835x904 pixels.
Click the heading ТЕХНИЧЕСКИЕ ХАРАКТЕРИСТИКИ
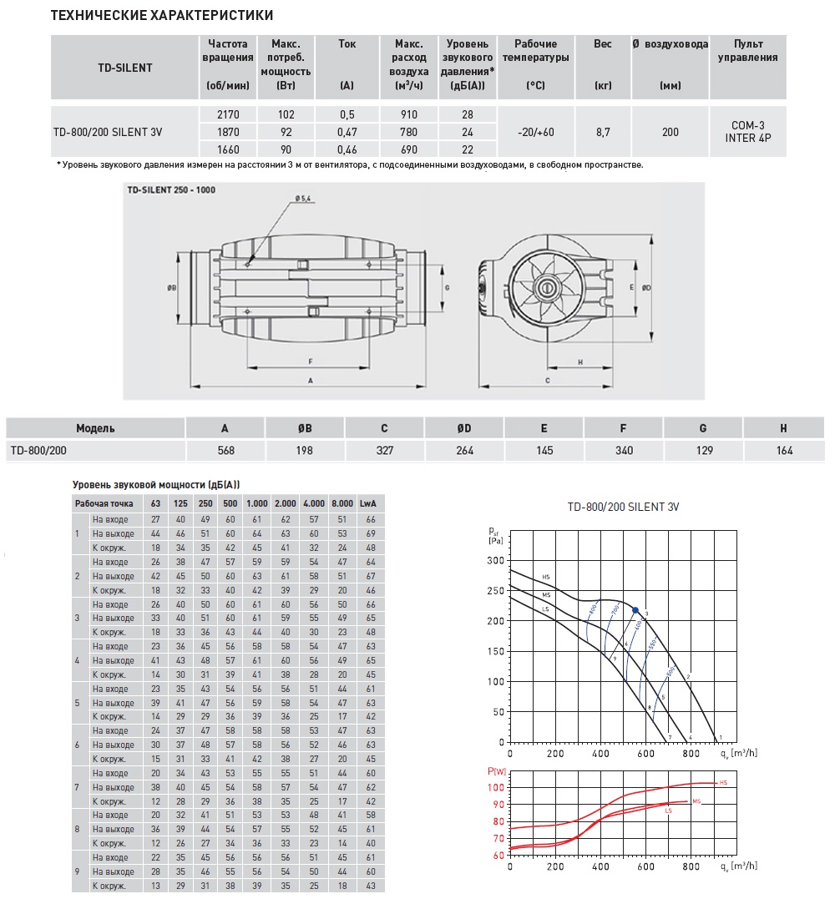click(162, 16)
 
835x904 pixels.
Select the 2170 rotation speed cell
click(227, 114)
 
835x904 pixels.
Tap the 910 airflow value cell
click(408, 114)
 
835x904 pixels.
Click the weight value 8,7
click(602, 132)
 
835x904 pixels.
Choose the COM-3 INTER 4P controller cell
click(747, 132)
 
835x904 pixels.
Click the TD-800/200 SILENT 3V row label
click(108, 132)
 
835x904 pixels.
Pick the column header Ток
click(347, 44)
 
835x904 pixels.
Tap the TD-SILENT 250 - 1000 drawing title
click(171, 189)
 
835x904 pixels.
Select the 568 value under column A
click(225, 451)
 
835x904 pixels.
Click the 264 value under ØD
click(464, 451)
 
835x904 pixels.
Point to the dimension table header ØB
click(305, 428)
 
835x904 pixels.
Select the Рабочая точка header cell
click(104, 504)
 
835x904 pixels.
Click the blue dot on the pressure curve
click(635, 610)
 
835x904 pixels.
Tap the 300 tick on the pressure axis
click(497, 560)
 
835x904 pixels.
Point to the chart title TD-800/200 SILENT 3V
click(619, 507)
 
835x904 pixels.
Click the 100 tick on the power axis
click(495, 788)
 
